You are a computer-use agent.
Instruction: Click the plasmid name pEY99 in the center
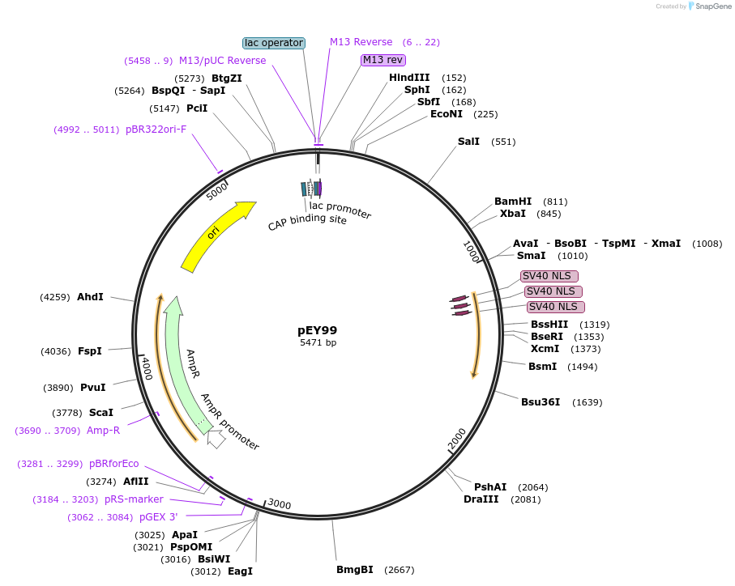tap(318, 330)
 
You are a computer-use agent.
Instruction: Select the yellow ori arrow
tap(216, 235)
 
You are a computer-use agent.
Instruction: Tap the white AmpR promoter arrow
tap(216, 439)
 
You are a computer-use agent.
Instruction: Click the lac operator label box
tap(274, 43)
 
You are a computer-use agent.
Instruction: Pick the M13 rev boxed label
tap(383, 60)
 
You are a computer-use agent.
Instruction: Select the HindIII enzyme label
tap(409, 78)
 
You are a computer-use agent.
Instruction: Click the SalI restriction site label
tap(468, 142)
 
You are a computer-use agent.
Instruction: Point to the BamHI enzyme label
tap(513, 202)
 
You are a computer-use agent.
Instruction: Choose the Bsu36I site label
tap(541, 402)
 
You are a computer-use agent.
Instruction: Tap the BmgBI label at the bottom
tap(355, 570)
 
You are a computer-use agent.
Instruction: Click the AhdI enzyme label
tap(90, 297)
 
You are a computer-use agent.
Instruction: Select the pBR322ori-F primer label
tap(156, 130)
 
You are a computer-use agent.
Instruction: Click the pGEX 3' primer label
tap(158, 517)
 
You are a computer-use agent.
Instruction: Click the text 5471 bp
tap(318, 343)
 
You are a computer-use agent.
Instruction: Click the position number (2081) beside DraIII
tap(526, 499)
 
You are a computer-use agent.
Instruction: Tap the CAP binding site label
tap(307, 219)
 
